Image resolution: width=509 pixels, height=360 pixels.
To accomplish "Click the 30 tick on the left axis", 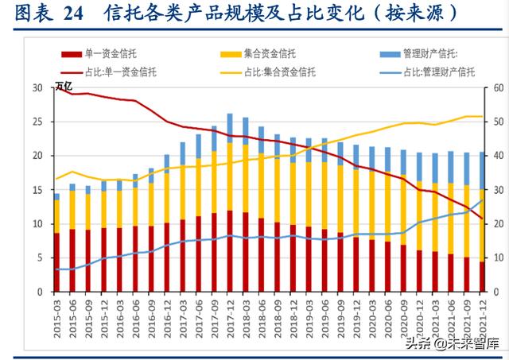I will [x=37, y=88].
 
